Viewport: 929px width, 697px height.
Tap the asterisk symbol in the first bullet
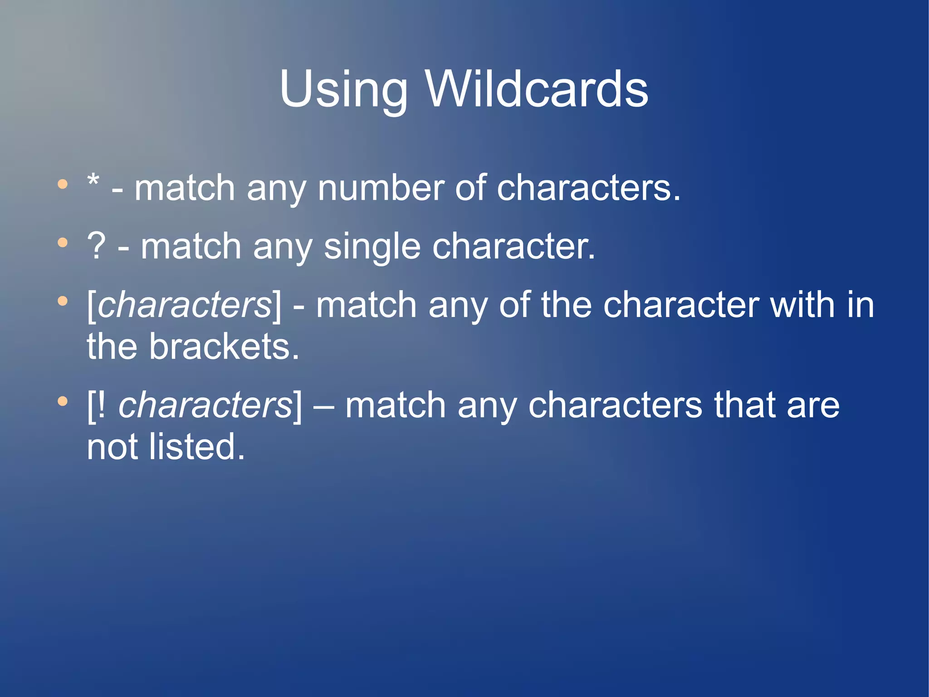[93, 181]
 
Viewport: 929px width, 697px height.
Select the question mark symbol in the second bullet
[96, 247]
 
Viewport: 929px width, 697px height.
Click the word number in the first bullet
[381, 188]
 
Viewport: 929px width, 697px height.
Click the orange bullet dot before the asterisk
[63, 184]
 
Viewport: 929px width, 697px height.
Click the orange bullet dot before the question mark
[63, 243]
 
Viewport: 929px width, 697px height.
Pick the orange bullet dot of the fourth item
[63, 401]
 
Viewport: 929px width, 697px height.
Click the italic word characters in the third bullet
[184, 305]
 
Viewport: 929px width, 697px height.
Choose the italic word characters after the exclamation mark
[205, 405]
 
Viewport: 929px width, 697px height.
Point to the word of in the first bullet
[469, 188]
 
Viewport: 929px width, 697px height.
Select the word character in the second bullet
[513, 247]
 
